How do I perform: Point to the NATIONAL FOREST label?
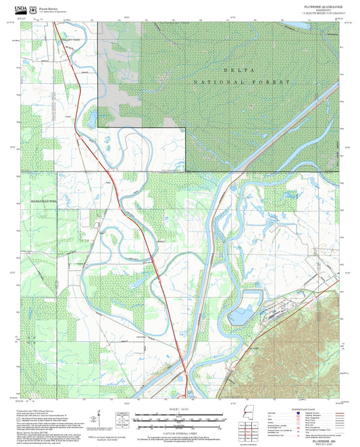241,82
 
